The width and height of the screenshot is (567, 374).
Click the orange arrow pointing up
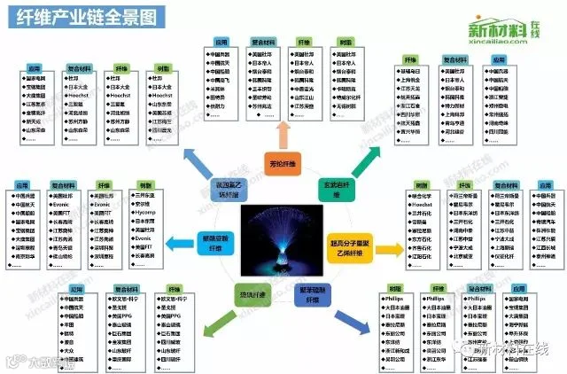click(283, 134)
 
